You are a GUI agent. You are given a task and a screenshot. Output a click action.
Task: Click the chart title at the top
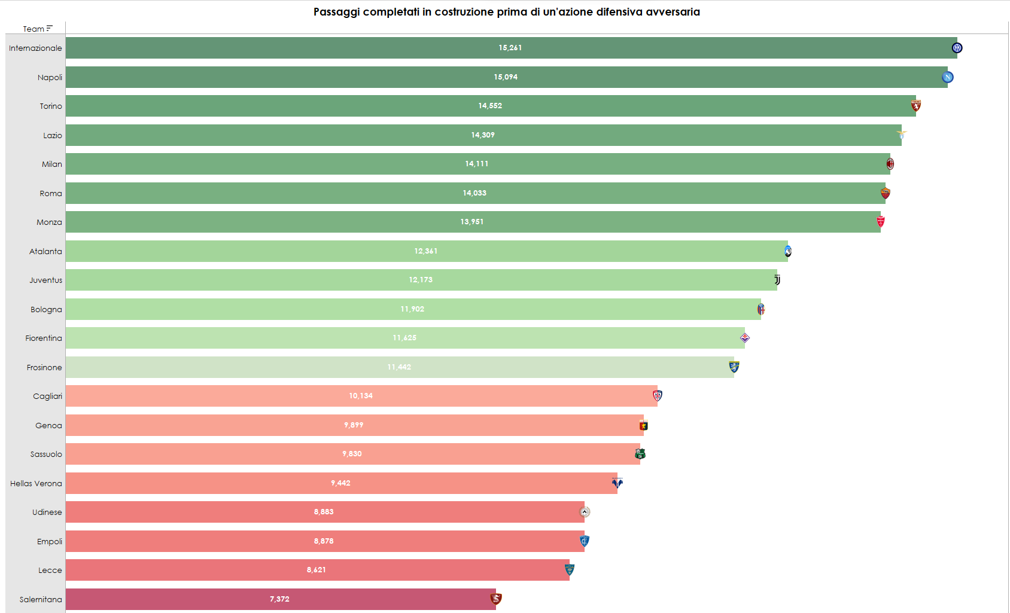(x=506, y=12)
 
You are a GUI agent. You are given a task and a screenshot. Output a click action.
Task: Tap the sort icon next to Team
(x=50, y=28)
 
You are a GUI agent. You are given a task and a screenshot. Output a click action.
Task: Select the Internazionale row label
(x=35, y=48)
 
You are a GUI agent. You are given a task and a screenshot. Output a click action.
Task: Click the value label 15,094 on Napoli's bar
(x=506, y=77)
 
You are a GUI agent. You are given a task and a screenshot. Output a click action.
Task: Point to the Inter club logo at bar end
(x=957, y=48)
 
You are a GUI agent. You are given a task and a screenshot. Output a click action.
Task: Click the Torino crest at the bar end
(x=916, y=106)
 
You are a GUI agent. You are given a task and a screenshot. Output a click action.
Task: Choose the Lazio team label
(x=53, y=136)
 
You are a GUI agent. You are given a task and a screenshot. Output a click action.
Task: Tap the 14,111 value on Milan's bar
(x=477, y=164)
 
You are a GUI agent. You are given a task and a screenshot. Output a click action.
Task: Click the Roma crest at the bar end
(x=886, y=193)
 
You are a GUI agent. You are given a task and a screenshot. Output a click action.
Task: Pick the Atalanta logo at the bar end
(x=788, y=251)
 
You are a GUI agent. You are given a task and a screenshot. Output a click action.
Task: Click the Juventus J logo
(x=777, y=280)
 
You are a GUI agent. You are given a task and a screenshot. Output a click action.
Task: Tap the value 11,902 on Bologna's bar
(x=412, y=309)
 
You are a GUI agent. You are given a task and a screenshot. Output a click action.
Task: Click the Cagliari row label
(x=48, y=397)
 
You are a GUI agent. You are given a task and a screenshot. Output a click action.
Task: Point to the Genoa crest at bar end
(x=644, y=425)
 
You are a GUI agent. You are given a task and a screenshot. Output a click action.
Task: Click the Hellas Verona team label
(x=36, y=484)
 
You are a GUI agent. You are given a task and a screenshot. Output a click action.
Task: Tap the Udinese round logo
(x=585, y=512)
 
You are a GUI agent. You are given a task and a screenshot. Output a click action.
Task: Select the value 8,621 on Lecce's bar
(x=317, y=570)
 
